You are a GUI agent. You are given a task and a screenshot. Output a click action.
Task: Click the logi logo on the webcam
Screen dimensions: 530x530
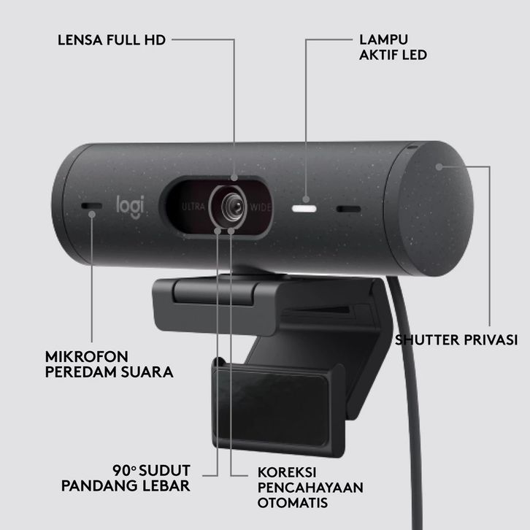pos(130,207)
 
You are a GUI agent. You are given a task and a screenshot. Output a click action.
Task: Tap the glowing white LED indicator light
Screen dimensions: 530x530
pos(304,209)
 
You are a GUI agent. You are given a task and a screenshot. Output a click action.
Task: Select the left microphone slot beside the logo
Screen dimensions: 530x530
pos(91,206)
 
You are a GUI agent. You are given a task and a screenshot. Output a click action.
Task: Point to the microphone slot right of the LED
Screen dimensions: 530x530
pos(348,210)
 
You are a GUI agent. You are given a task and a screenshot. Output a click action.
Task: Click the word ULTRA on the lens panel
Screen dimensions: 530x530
pos(193,207)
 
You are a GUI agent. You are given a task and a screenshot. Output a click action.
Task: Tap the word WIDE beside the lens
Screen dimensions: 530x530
pos(261,207)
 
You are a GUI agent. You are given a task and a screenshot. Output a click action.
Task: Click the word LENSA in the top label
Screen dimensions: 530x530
pos(80,40)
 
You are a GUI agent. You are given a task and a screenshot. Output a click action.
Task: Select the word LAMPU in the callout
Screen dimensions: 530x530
pos(384,39)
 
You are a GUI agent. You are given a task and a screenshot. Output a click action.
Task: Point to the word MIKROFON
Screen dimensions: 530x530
pos(87,356)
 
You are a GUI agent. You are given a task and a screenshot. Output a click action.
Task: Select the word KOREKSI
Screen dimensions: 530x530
pos(287,472)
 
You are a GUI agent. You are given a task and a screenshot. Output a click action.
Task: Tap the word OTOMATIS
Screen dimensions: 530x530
pos(293,502)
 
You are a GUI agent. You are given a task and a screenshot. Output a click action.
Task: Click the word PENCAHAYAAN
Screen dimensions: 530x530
pos(310,488)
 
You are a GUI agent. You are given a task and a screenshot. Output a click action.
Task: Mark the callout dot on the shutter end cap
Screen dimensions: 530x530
pos(439,166)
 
